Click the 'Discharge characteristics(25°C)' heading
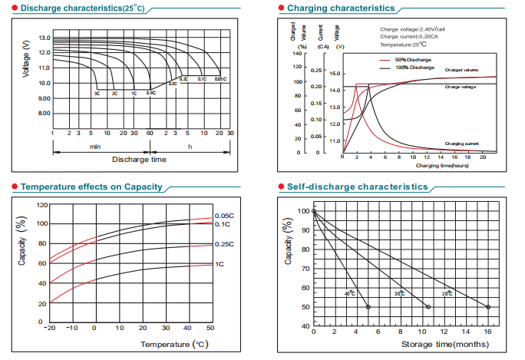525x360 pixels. click(80, 8)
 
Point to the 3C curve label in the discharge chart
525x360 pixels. click(97, 93)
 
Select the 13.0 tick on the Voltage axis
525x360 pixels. click(44, 38)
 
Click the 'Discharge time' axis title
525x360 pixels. click(139, 160)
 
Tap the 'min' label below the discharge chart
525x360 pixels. click(95, 146)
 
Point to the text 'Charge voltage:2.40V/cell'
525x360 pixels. click(411, 29)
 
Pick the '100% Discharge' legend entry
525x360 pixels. click(414, 68)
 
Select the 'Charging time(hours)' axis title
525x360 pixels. click(442, 165)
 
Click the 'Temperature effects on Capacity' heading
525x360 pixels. click(91, 187)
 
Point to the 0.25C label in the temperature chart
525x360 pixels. click(224, 244)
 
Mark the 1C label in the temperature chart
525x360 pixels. click(220, 264)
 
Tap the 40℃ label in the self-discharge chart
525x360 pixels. click(350, 294)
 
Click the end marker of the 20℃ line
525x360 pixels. click(488, 307)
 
